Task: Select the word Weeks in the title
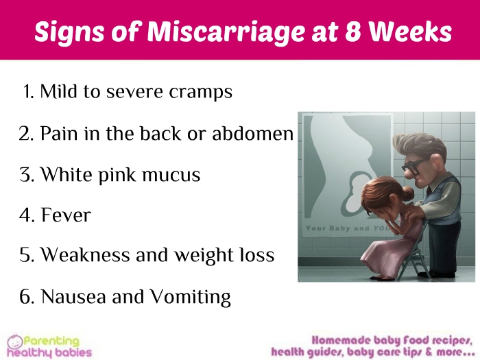click(x=410, y=31)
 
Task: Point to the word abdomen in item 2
click(x=253, y=133)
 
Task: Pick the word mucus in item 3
click(x=171, y=175)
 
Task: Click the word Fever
click(x=66, y=215)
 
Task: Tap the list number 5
click(x=27, y=255)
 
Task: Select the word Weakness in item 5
click(x=86, y=254)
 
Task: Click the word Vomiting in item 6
click(x=190, y=297)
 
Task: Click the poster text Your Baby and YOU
click(x=347, y=228)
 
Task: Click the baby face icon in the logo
click(x=15, y=341)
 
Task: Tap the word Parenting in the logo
click(x=51, y=341)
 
